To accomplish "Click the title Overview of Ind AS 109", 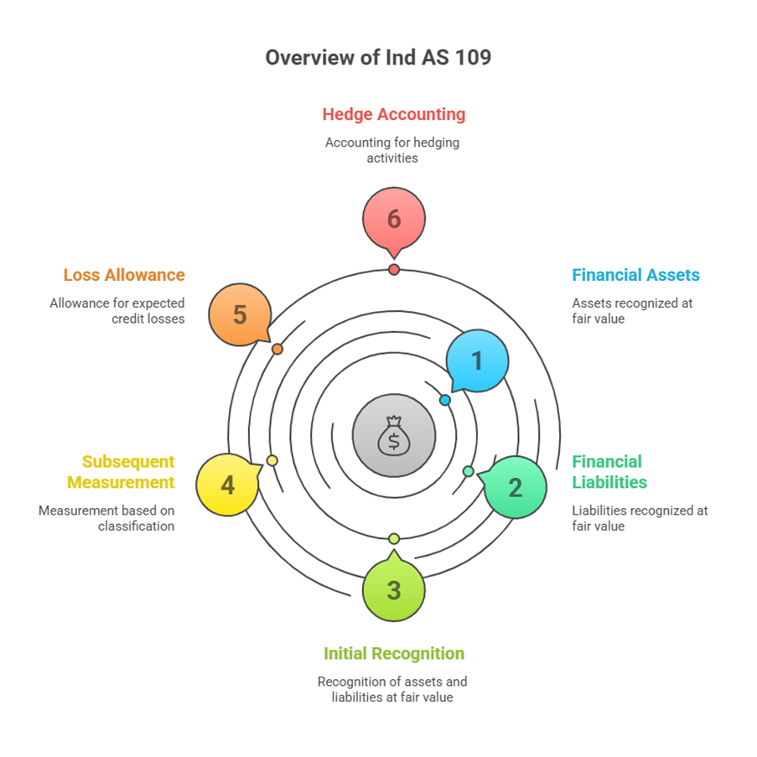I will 378,58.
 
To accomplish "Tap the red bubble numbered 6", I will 394,219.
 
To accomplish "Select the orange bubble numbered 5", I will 240,314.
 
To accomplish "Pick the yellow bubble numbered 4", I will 227,485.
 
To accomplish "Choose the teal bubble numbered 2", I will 515,487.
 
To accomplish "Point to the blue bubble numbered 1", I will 477,360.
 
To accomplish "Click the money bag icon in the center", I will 394,436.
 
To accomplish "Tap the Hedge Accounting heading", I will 394,114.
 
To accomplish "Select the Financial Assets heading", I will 635,275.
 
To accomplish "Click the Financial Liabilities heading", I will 609,472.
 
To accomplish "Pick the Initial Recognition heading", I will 394,653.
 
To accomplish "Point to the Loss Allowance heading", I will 124,275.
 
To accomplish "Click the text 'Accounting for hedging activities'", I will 392,150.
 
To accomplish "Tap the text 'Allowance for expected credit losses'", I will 117,311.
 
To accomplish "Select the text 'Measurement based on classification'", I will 106,518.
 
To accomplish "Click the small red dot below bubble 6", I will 394,269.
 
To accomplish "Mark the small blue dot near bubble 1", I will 445,400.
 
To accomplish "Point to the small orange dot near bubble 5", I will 277,349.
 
